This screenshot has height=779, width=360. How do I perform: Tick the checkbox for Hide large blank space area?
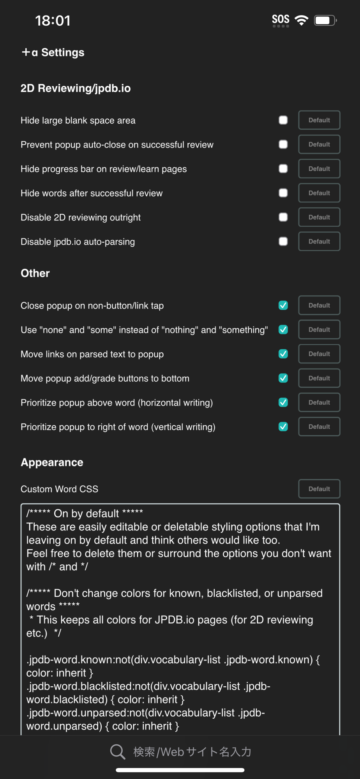pyautogui.click(x=283, y=120)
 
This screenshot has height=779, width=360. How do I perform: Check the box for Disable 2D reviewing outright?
pyautogui.click(x=283, y=217)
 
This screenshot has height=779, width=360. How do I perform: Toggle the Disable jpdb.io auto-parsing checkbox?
pyautogui.click(x=283, y=241)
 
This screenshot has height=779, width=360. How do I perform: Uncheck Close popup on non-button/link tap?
pyautogui.click(x=283, y=305)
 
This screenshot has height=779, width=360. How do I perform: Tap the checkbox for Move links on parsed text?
pyautogui.click(x=283, y=354)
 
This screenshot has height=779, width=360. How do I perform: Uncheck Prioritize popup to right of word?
pyautogui.click(x=283, y=427)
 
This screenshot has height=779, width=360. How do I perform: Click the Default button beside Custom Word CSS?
pyautogui.click(x=319, y=489)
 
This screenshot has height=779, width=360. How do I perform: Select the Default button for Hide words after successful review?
pyautogui.click(x=319, y=193)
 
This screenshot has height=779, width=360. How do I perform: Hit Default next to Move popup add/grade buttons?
pyautogui.click(x=319, y=378)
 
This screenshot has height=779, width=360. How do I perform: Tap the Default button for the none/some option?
pyautogui.click(x=319, y=330)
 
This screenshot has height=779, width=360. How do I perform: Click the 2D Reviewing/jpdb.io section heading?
pyautogui.click(x=76, y=88)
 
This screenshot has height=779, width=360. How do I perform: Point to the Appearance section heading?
pyautogui.click(x=52, y=462)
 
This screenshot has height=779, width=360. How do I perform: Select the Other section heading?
pyautogui.click(x=35, y=273)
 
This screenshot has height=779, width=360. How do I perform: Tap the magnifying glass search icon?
pyautogui.click(x=117, y=752)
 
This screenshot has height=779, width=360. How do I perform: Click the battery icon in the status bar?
pyautogui.click(x=325, y=20)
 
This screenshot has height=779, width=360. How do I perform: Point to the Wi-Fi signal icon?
pyautogui.click(x=301, y=20)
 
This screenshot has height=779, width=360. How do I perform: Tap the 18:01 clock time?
pyautogui.click(x=53, y=21)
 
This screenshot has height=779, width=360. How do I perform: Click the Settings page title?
pyautogui.click(x=53, y=53)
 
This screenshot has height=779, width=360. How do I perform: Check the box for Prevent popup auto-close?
pyautogui.click(x=283, y=145)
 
